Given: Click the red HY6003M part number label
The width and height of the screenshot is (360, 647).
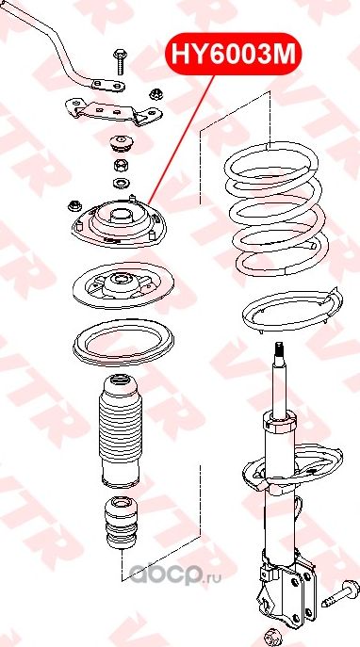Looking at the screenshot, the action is click(x=234, y=54).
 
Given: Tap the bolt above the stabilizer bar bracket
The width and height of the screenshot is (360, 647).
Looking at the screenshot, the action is click(x=121, y=62).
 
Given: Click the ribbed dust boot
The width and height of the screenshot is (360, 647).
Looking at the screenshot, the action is click(x=121, y=431).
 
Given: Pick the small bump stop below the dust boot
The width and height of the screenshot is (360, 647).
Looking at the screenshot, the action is click(x=122, y=523).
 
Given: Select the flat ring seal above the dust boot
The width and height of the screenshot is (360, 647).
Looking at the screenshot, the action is click(x=123, y=343).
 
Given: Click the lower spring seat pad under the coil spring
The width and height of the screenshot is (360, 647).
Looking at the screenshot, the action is click(x=292, y=310).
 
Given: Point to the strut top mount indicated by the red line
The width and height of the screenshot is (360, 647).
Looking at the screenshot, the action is click(x=121, y=223).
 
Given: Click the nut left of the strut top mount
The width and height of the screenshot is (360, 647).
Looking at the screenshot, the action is click(x=74, y=205).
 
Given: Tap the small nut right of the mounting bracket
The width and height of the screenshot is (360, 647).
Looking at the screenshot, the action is click(x=155, y=93).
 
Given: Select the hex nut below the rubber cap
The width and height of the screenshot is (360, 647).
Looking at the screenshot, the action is click(x=120, y=166).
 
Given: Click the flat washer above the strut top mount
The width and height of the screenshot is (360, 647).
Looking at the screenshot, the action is click(x=121, y=182).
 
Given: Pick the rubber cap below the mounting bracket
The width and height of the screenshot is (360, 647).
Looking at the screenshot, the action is click(x=121, y=143).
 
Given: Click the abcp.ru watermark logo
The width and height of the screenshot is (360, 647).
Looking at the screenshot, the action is click(x=175, y=574).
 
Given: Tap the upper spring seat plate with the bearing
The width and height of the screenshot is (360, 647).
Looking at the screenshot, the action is click(x=123, y=286).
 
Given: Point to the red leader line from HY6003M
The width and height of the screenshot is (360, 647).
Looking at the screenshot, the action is click(x=181, y=139).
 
